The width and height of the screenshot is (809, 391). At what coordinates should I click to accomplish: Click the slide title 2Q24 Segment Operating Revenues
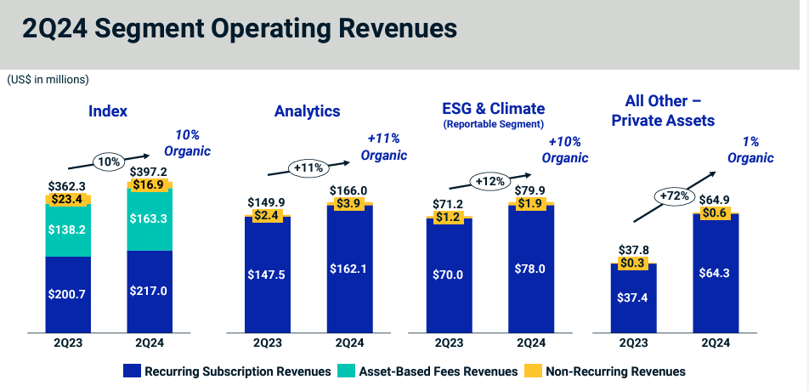point(240,28)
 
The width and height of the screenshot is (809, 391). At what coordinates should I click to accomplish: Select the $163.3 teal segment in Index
point(150,218)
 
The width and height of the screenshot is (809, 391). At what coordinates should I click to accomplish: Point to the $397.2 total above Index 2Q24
point(150,173)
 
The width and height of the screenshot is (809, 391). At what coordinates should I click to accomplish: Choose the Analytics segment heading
point(307,111)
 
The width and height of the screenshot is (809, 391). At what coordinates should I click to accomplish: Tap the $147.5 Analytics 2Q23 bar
point(268,274)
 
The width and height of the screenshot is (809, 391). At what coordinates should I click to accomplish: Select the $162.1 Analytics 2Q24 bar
point(349,269)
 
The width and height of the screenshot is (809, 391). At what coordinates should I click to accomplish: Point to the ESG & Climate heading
point(493,109)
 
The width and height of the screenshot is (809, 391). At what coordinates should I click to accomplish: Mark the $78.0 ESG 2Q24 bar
point(531,269)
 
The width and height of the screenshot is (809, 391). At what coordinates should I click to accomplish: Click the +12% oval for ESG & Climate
point(491,181)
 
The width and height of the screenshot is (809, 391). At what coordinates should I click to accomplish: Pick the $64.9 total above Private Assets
point(715,201)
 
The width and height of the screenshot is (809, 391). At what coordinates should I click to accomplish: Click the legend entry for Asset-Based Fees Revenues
point(430,371)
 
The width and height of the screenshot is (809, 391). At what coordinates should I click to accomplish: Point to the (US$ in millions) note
point(48,79)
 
